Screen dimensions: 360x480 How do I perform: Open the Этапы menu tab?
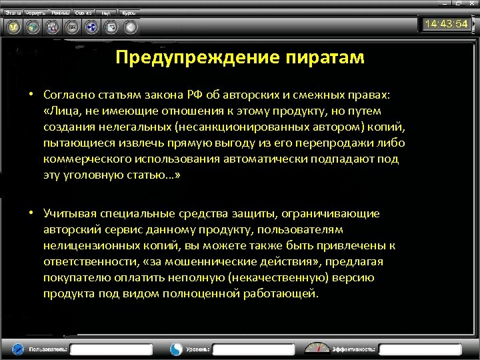click(x=13, y=13)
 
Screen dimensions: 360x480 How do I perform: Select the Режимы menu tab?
click(x=61, y=13)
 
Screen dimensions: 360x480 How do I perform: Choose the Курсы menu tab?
click(x=129, y=13)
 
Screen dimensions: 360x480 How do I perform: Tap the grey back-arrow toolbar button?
click(x=131, y=27)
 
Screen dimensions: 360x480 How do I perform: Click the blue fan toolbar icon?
click(x=91, y=27)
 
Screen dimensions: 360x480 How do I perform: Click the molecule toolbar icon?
click(x=52, y=27)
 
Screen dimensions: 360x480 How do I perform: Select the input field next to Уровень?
click(x=253, y=349)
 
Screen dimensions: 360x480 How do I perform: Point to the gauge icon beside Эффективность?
click(x=317, y=348)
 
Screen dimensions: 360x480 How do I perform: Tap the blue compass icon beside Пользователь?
click(x=17, y=349)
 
